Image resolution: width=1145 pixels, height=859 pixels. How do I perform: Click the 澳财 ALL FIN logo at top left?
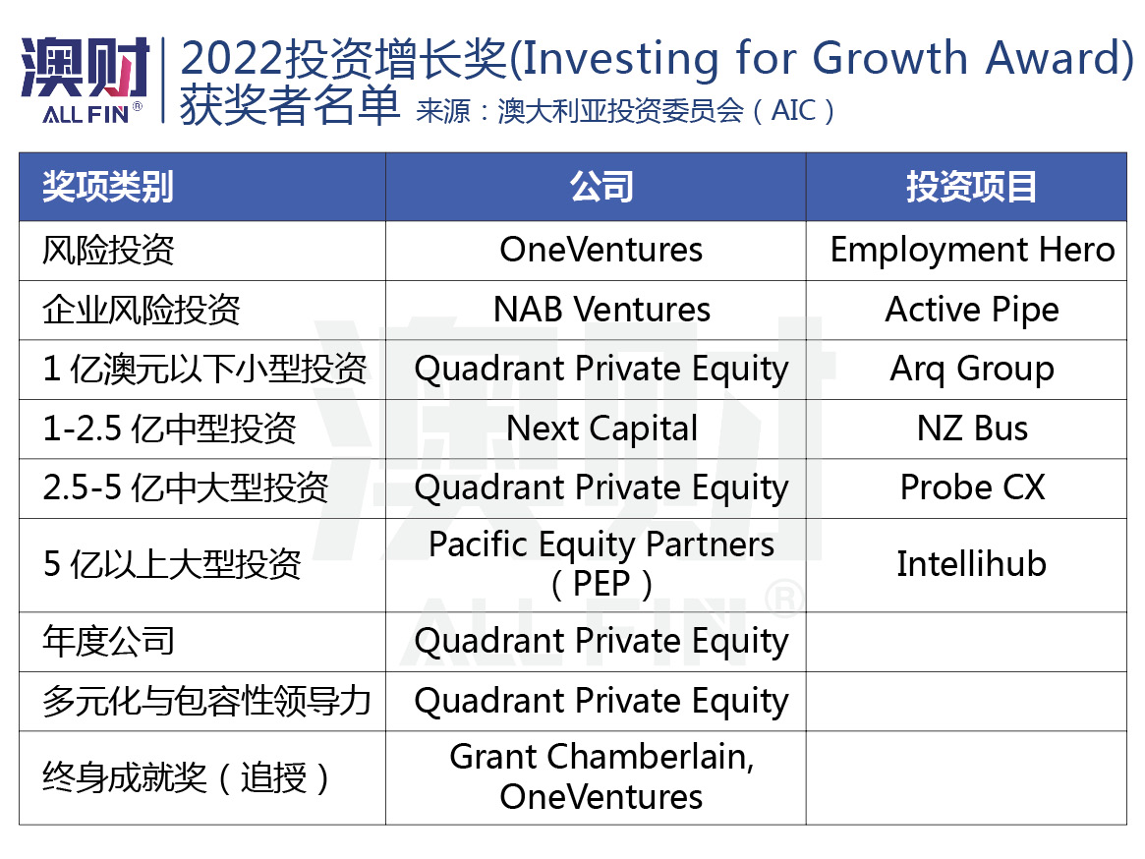point(85,79)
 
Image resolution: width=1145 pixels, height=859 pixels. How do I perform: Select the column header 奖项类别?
point(107,187)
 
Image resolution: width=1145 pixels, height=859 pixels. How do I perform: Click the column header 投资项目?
point(970,187)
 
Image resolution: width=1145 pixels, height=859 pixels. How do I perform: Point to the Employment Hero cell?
point(972,250)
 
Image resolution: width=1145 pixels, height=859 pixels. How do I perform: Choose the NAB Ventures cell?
point(601,310)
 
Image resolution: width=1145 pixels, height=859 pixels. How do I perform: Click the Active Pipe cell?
point(972,310)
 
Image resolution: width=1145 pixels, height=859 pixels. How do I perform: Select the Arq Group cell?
point(972,369)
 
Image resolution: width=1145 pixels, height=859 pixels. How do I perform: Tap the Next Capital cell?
point(601,429)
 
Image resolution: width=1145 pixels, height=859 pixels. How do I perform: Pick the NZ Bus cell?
point(972,429)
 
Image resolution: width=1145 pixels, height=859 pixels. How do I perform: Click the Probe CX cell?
point(972,487)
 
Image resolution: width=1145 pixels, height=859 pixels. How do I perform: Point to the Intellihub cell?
point(971,564)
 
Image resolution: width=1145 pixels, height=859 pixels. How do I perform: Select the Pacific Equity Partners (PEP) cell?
point(601,564)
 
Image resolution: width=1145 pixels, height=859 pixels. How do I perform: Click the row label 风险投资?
point(108,250)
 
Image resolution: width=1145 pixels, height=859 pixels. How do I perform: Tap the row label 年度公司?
point(108,642)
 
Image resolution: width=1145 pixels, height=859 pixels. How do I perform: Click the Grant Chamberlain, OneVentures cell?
point(601,776)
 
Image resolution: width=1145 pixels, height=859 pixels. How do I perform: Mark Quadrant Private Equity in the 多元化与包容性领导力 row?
point(601,701)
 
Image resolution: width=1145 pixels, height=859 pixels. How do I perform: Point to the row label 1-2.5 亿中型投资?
point(169,429)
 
